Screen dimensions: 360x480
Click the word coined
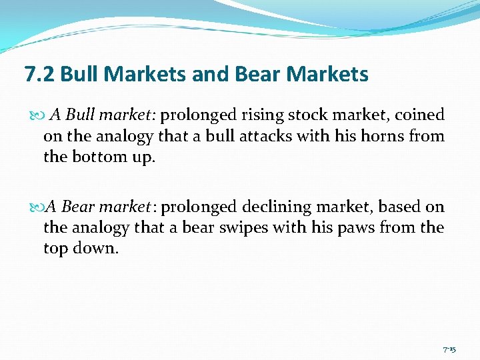[x=419, y=115]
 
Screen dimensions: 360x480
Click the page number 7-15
[x=449, y=349]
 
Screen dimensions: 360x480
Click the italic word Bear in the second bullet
[x=77, y=207]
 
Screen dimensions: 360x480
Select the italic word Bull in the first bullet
[x=80, y=115]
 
